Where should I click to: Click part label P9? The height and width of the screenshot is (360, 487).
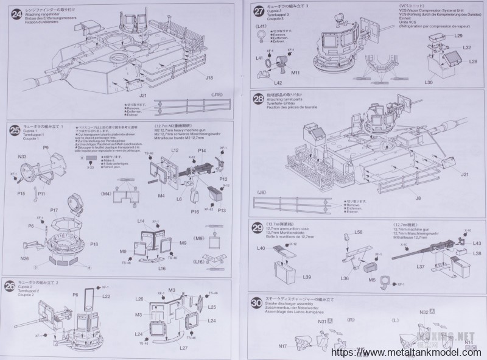tap(45, 148)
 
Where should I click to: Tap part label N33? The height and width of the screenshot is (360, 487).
tap(22, 158)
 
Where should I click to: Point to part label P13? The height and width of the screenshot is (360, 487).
tap(222, 210)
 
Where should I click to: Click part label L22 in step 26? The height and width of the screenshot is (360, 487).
tap(106, 296)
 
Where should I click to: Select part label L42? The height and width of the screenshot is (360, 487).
tap(278, 82)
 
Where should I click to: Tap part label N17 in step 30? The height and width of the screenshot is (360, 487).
tap(282, 347)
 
